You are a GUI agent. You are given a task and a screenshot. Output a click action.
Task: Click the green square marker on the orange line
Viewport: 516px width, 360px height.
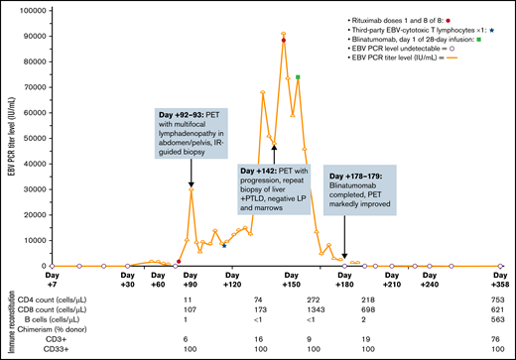[298, 77]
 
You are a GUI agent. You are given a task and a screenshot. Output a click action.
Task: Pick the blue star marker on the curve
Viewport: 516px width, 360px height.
[224, 244]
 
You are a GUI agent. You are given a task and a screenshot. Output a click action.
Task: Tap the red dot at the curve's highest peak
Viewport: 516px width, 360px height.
[284, 41]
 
